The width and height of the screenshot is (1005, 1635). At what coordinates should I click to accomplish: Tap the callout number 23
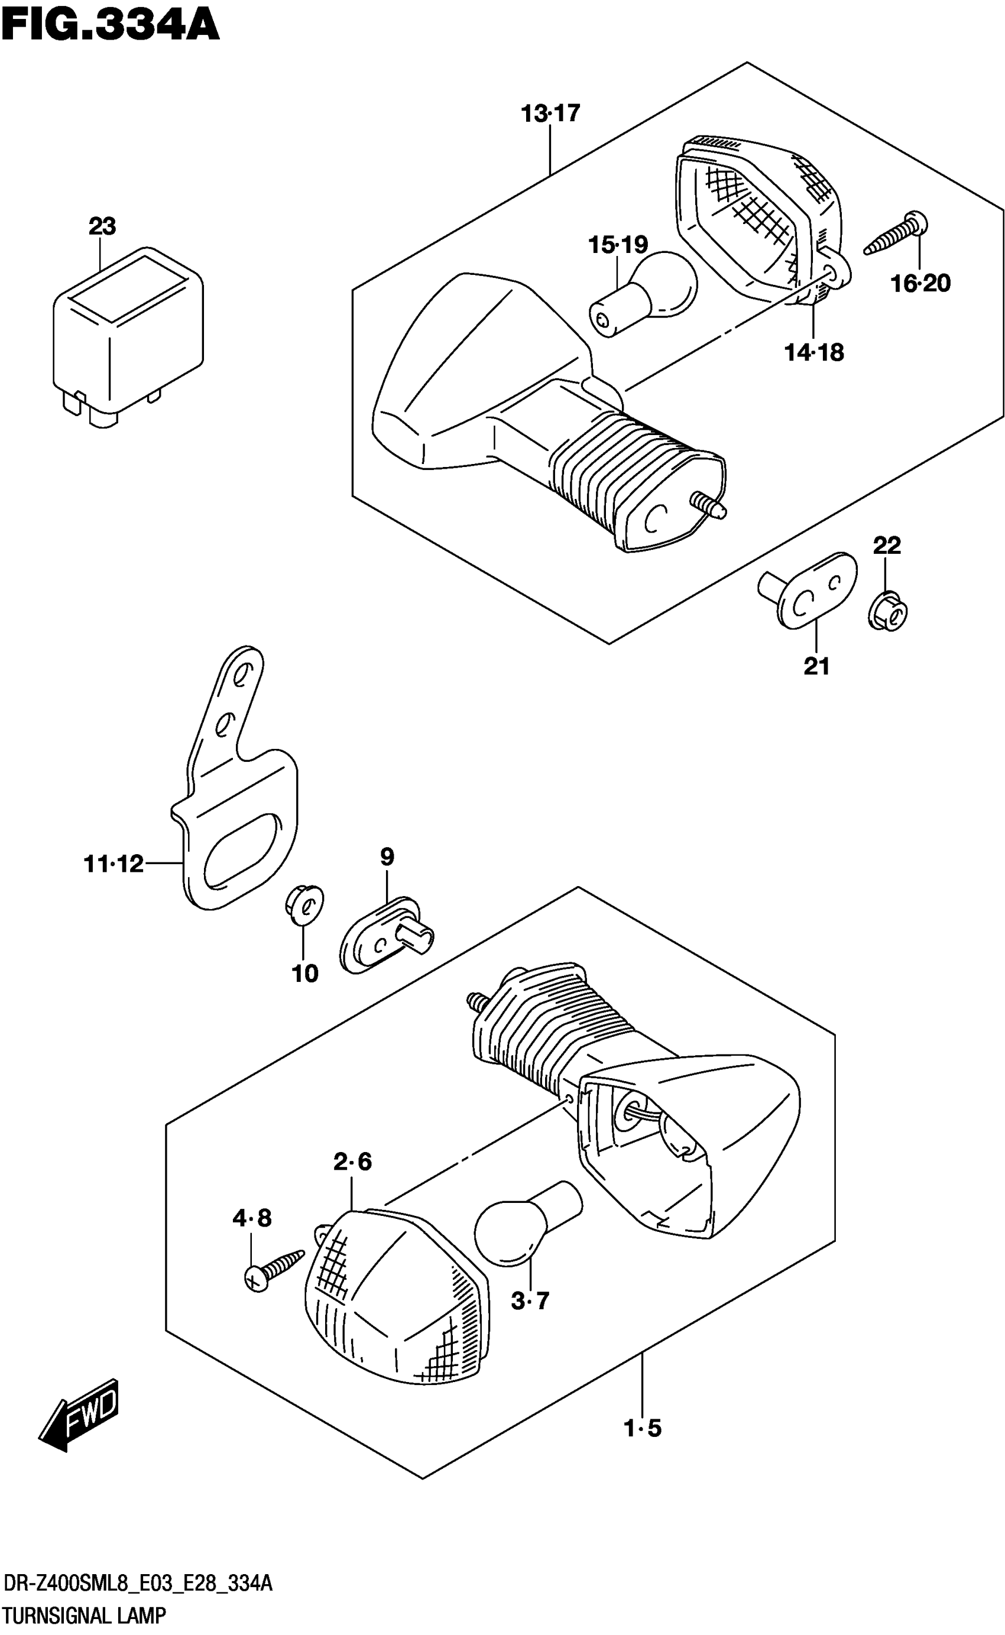[102, 226]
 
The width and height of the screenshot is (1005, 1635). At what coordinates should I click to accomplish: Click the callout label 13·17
[550, 113]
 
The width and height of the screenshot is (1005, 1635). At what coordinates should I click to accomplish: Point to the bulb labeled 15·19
[643, 293]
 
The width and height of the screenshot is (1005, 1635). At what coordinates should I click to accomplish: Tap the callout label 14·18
[814, 352]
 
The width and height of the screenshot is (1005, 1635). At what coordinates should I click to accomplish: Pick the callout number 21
[817, 666]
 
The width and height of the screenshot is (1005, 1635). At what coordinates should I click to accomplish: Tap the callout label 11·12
[114, 864]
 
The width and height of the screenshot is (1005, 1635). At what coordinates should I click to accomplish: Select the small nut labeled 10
[304, 904]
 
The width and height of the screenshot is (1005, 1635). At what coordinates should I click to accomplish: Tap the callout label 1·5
[643, 1428]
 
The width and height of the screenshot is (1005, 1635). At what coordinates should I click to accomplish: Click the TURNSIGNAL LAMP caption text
[84, 1615]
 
